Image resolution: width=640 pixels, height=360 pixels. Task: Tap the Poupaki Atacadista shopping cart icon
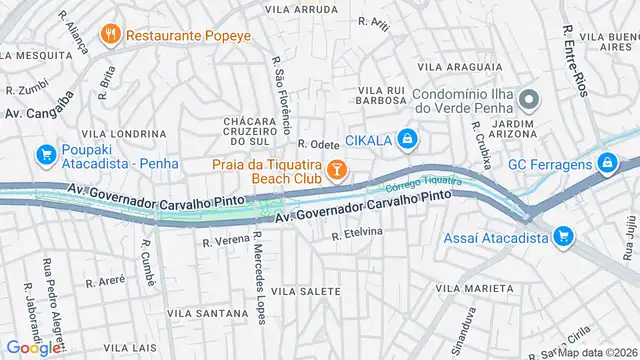(x=45, y=154)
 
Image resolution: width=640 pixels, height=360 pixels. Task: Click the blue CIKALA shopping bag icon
(x=406, y=139)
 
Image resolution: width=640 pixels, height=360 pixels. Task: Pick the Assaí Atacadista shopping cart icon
(x=563, y=236)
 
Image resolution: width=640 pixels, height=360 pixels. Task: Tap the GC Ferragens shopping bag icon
(x=606, y=163)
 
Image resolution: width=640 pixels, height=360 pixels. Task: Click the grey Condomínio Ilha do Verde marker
(x=529, y=100)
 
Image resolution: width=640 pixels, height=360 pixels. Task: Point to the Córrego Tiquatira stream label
(x=423, y=183)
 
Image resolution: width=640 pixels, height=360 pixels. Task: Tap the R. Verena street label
(x=225, y=241)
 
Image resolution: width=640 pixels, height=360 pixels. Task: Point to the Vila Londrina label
(x=116, y=133)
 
